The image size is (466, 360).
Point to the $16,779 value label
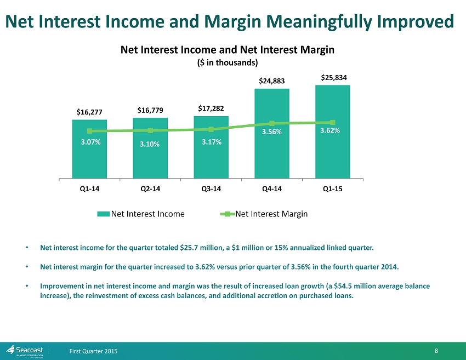pos(150,111)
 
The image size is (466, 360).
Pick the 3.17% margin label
pos(211,142)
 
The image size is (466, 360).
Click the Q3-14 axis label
pos(211,188)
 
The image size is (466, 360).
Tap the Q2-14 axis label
pos(150,188)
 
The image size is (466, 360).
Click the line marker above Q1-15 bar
pos(333,122)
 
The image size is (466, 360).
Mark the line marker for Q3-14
pos(211,129)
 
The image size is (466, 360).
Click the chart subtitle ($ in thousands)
pos(227,62)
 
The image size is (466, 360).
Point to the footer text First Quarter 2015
pos(93,351)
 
